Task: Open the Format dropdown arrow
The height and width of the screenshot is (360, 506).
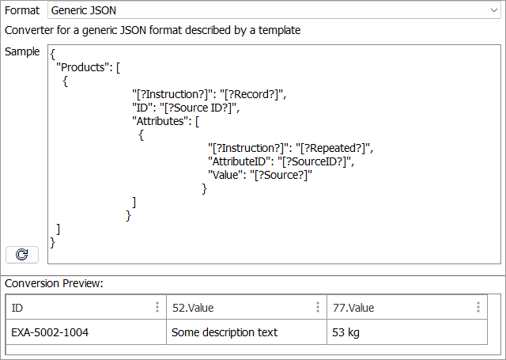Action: point(492,12)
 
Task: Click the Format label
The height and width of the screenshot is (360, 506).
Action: point(21,12)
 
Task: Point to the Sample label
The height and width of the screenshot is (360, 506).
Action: point(22,51)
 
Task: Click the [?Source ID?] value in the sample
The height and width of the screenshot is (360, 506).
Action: point(197,108)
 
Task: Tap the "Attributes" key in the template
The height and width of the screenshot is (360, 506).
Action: point(164,121)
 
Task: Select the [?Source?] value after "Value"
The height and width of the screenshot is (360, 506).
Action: point(281,175)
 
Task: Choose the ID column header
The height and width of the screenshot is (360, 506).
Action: point(17,308)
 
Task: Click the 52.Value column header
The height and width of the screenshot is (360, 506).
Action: point(194,308)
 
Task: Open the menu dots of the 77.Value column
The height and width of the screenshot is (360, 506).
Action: point(478,308)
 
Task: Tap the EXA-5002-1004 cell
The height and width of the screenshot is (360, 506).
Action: point(50,332)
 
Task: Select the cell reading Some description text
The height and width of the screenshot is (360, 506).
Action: point(225,332)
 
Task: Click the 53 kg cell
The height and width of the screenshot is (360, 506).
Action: point(346,332)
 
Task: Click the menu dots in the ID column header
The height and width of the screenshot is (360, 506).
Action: point(157,308)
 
